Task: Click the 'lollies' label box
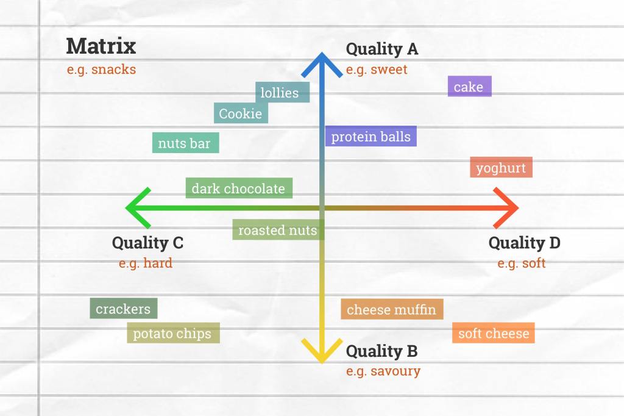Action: [x=282, y=93]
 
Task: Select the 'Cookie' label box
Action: [x=241, y=113]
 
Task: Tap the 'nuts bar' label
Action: [x=185, y=143]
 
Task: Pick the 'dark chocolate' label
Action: [x=238, y=188]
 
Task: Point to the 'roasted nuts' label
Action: [x=277, y=230]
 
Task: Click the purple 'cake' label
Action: [x=469, y=87]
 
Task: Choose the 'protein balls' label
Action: [x=370, y=136]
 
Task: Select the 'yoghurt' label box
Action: [x=501, y=168]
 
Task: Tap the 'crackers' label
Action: [x=123, y=309]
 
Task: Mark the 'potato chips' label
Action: [x=172, y=333]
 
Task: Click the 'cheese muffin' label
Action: [x=392, y=309]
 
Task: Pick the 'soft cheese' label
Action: [x=494, y=333]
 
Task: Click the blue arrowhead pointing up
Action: [x=322, y=61]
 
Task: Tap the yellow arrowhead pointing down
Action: [x=322, y=354]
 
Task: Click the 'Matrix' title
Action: [x=101, y=46]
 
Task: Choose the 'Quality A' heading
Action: [x=382, y=49]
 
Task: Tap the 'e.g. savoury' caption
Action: [x=383, y=371]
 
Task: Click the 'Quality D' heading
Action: [x=525, y=243]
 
